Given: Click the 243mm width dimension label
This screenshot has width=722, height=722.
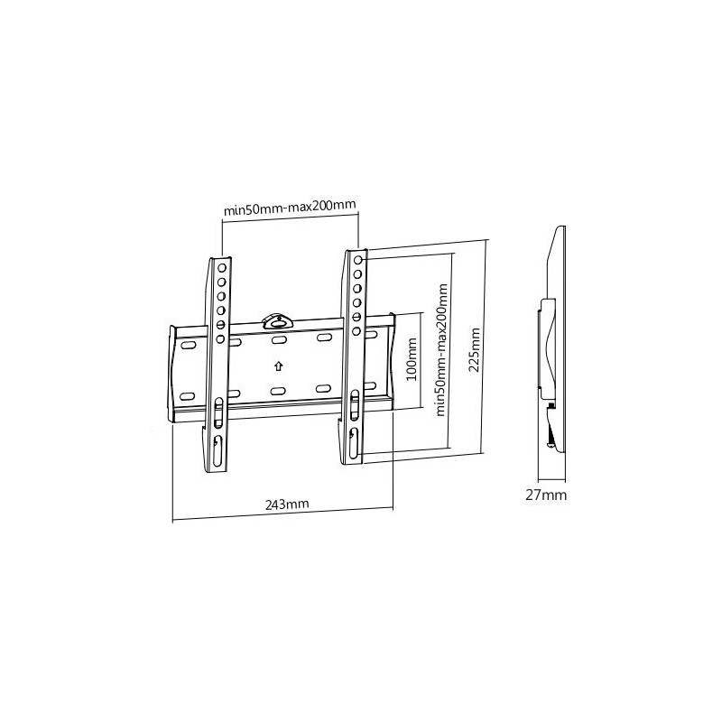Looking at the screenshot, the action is tap(287, 504).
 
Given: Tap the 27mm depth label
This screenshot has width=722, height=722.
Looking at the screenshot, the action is tap(546, 495).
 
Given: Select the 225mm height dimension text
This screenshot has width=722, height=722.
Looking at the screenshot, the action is tap(474, 349).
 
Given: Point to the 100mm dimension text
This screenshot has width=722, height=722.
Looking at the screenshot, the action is tap(412, 359).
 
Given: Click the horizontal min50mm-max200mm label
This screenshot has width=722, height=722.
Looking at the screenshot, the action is tap(290, 208).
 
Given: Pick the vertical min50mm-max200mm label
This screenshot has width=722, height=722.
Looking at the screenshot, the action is tap(441, 350).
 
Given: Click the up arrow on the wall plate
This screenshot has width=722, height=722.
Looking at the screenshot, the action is tap(278, 366).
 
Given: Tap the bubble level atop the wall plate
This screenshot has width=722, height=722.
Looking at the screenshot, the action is tap(278, 321).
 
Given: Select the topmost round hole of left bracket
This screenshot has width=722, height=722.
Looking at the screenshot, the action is tap(222, 267).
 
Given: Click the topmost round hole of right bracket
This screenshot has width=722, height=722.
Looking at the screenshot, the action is tap(357, 260).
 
